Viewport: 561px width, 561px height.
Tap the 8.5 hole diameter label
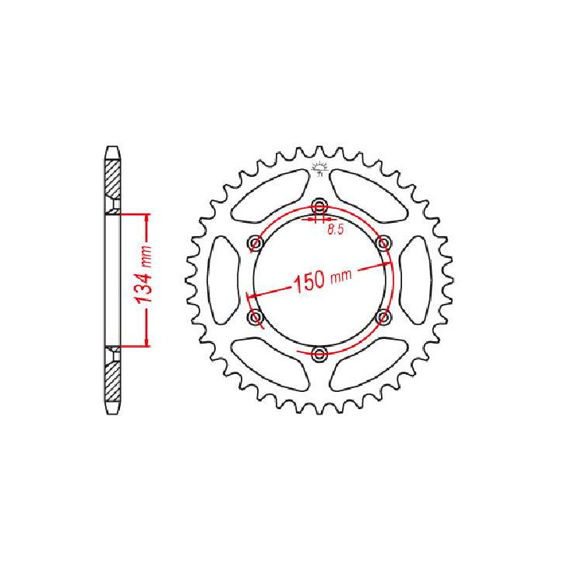tap(336, 230)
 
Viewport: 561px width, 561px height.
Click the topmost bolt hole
tap(319, 206)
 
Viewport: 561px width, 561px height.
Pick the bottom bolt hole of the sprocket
tap(319, 355)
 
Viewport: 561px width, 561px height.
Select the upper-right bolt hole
tap(383, 243)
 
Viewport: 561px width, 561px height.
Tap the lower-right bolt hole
tap(383, 317)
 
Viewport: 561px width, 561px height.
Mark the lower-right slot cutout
tap(369, 363)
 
